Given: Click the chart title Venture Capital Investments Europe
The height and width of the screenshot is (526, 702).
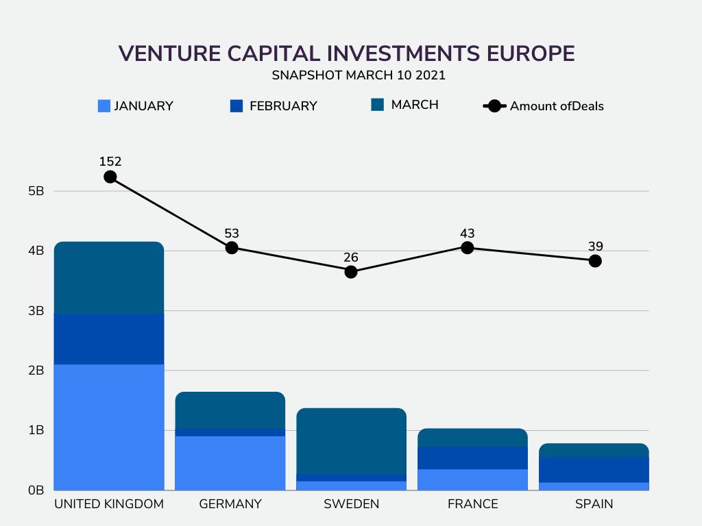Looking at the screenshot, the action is pyautogui.click(x=346, y=53).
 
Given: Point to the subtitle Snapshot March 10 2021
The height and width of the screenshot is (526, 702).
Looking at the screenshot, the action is pyautogui.click(x=359, y=75).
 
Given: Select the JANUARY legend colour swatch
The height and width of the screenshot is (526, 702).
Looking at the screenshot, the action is pyautogui.click(x=104, y=106).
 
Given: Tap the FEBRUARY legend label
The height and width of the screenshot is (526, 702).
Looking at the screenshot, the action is pyautogui.click(x=283, y=106).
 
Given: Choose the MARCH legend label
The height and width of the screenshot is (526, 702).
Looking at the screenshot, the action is pyautogui.click(x=415, y=105).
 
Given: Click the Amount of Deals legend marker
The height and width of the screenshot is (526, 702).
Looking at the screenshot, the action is pyautogui.click(x=494, y=106).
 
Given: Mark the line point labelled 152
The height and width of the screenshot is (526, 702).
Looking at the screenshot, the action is pyautogui.click(x=110, y=177).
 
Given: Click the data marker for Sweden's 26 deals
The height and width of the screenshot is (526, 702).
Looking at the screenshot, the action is pyautogui.click(x=351, y=272).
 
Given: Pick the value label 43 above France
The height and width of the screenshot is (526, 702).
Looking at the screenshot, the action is pyautogui.click(x=467, y=234).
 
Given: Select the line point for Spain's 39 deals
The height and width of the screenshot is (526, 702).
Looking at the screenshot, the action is pyautogui.click(x=595, y=261).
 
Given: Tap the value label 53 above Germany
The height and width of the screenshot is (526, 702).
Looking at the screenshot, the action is pyautogui.click(x=232, y=234).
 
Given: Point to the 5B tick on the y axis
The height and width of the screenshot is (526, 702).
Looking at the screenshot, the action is pyautogui.click(x=36, y=191).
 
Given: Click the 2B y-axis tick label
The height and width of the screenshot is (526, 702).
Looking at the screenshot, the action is pyautogui.click(x=36, y=371).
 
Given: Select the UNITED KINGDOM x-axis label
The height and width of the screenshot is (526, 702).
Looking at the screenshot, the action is pyautogui.click(x=109, y=504).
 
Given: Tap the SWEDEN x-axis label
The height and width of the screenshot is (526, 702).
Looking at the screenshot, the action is pyautogui.click(x=352, y=504).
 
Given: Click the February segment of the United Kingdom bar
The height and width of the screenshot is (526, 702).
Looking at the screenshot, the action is pyautogui.click(x=109, y=339).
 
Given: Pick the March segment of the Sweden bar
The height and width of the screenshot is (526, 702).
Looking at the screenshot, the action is pyautogui.click(x=352, y=441).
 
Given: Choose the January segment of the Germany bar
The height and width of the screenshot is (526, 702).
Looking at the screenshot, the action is pyautogui.click(x=230, y=464).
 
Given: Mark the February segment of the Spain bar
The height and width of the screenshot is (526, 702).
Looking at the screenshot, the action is pyautogui.click(x=594, y=470).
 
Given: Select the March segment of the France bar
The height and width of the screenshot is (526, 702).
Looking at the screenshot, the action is pyautogui.click(x=473, y=438).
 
